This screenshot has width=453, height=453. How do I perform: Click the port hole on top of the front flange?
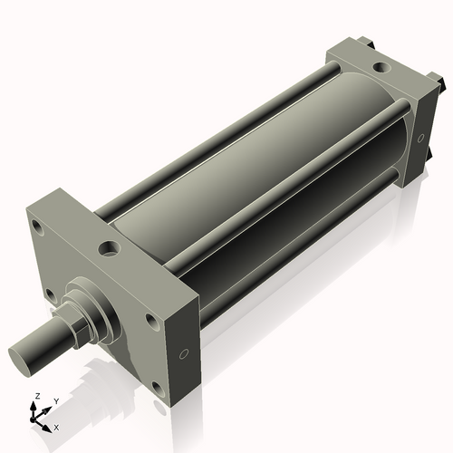(x=110, y=246)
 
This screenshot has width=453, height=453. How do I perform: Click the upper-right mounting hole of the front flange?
(x=151, y=320)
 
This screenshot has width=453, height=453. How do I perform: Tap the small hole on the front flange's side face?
(x=184, y=353)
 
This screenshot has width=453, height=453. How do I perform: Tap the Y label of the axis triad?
(x=56, y=400)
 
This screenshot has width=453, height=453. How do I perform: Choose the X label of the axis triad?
(x=56, y=426)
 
